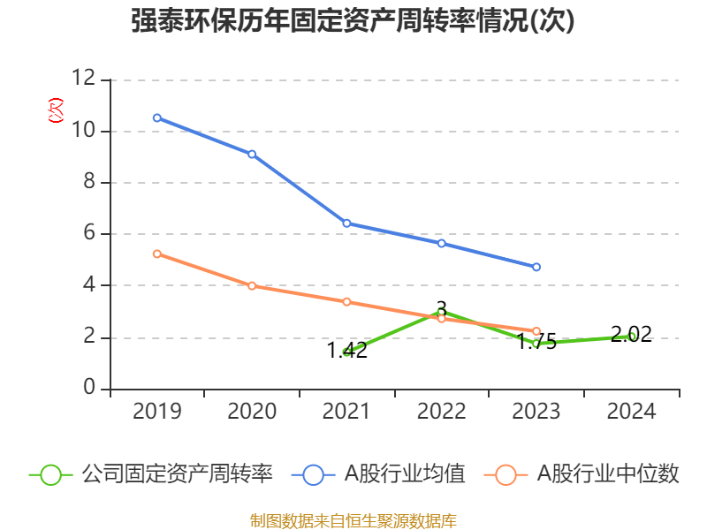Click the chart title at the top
[x=353, y=22]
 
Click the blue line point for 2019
[x=156, y=117]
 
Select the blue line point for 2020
[x=252, y=154]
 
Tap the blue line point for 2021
[x=346, y=223]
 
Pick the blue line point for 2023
[x=536, y=267]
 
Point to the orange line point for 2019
[x=156, y=254]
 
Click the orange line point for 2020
[x=252, y=286]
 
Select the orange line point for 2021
[x=346, y=302]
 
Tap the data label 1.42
[x=347, y=351]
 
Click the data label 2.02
[x=631, y=334]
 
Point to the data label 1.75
[x=536, y=343]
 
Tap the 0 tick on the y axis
[x=89, y=389]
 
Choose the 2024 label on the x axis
[x=631, y=412]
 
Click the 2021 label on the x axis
[x=346, y=412]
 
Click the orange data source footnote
[x=353, y=520]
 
